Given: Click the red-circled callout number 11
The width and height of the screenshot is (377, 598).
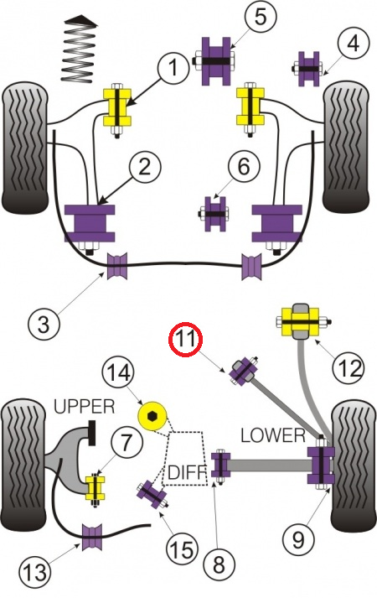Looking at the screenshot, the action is pos(185,339).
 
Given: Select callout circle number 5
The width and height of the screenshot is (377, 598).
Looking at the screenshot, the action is pos(261,18).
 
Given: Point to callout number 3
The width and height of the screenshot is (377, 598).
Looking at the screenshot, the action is pos(44,324).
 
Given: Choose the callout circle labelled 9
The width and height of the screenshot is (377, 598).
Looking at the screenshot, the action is pos(298,539).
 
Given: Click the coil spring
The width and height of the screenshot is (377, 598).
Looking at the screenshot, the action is pos(79,49).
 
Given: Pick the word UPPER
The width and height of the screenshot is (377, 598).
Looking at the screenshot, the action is pos(84,407).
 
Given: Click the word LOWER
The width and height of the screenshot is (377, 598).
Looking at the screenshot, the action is pos(273,435).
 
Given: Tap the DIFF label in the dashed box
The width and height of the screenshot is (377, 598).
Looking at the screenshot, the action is pos(185,473).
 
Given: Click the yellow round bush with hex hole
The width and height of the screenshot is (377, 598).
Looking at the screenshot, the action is pos(152,416).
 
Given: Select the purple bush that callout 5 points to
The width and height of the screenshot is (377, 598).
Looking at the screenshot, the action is pos(216,61).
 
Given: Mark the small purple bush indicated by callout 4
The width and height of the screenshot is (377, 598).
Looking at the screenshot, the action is pos(308,69).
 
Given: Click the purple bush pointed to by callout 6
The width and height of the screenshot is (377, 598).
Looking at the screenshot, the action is pos(214,214).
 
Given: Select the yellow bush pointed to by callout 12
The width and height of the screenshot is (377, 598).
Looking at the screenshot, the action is pos(302,320).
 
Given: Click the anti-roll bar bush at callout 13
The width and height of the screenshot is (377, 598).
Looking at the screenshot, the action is pos(92,537).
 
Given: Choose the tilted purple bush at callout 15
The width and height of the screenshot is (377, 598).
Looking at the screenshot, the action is pos(152,494).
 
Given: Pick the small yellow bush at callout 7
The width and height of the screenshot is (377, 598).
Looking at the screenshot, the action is pos(95,488).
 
